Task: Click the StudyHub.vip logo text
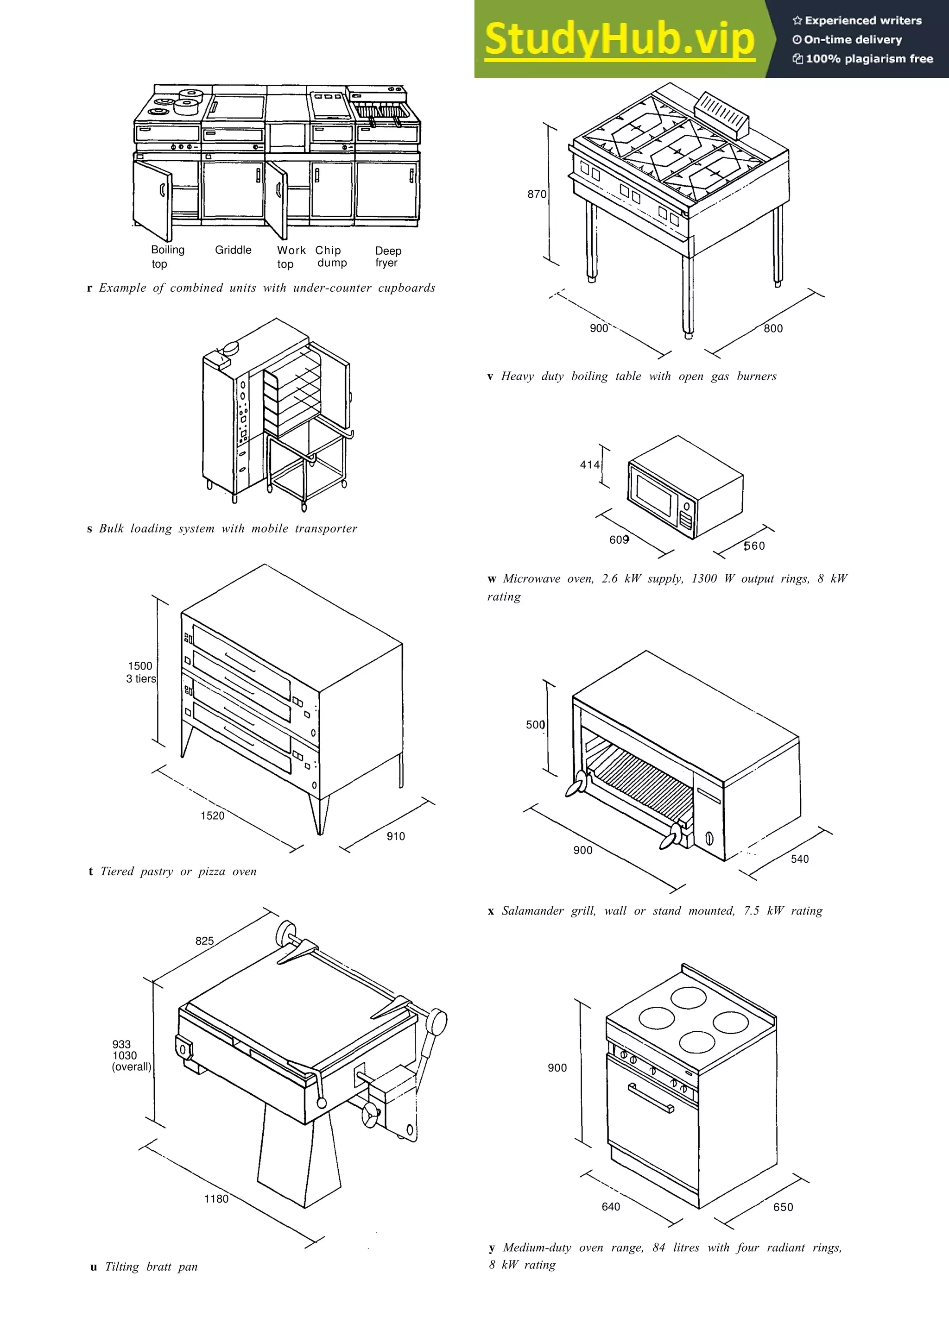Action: tap(619, 39)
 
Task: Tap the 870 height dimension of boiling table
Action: tap(536, 194)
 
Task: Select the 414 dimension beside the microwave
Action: tap(589, 464)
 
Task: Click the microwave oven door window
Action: tap(654, 495)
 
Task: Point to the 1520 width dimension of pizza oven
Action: tap(212, 816)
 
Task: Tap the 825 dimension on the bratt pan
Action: tap(205, 941)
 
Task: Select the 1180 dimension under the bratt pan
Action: tap(216, 1199)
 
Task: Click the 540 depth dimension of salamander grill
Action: tap(799, 859)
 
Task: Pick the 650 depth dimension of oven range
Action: tap(783, 1207)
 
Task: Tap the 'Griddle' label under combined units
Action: tap(233, 250)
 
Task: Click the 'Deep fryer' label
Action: tap(388, 257)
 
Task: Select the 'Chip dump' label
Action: tap(330, 257)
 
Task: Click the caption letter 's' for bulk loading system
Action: tap(89, 529)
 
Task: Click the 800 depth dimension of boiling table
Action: tap(773, 328)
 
